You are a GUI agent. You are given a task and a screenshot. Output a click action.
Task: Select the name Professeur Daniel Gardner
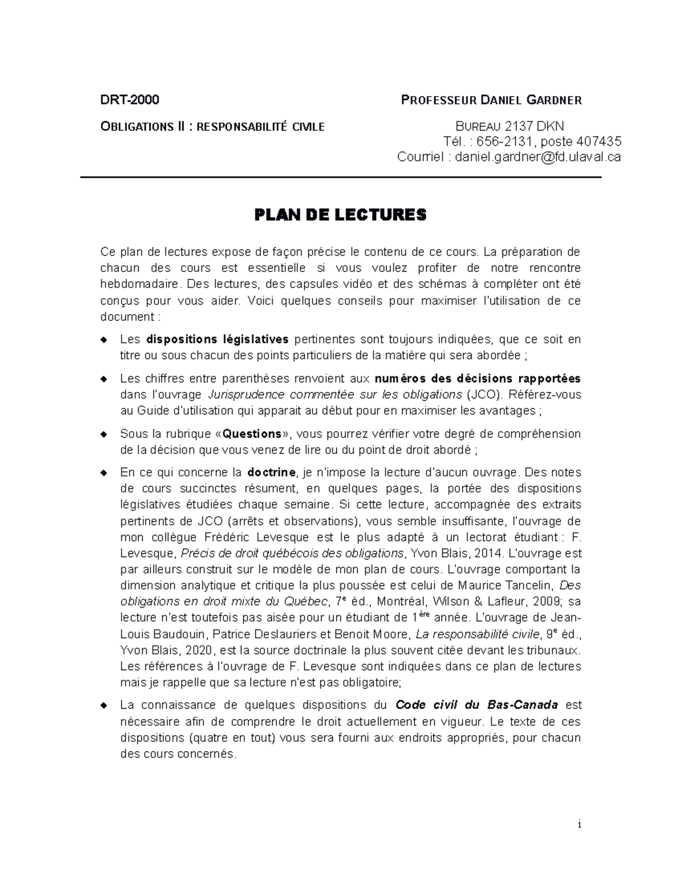pos(491,101)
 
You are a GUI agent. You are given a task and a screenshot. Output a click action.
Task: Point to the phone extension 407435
pos(598,141)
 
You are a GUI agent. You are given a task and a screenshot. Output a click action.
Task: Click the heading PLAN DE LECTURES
pos(340,215)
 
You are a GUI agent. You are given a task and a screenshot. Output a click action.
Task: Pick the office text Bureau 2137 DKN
pos(509,126)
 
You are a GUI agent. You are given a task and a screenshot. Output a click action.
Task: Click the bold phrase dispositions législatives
pos(217,340)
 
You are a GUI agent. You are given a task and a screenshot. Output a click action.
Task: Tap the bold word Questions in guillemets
pos(252,434)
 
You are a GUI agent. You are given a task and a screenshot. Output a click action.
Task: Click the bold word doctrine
pos(272,473)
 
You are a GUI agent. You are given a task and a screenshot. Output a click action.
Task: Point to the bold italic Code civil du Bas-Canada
pos(476,705)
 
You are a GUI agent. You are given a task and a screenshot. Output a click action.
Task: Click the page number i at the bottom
pos(579,825)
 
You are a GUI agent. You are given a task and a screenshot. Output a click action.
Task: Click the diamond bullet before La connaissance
pos(103,705)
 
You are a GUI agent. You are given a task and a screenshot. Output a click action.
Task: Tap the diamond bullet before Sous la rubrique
pos(103,434)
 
